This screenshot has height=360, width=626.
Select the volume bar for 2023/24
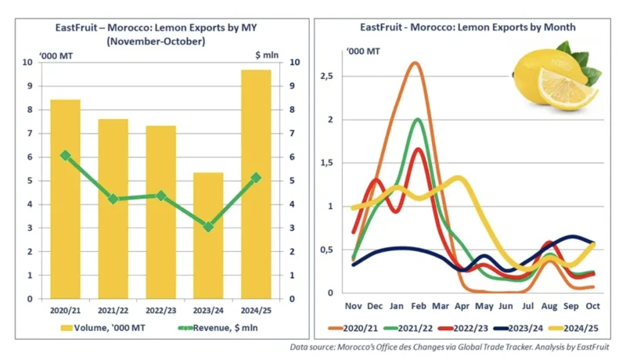coord(208,235)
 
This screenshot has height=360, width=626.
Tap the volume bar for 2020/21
coord(65,199)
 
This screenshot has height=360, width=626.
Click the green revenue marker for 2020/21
coord(65,156)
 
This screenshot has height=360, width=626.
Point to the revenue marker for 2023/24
coord(208,226)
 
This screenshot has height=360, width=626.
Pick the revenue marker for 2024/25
coord(256,178)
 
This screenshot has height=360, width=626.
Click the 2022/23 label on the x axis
coord(160,308)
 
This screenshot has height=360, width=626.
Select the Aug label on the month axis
coord(551,305)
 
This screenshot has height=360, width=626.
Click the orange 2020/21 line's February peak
coord(415,63)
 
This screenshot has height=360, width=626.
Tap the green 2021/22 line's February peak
coord(418,119)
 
